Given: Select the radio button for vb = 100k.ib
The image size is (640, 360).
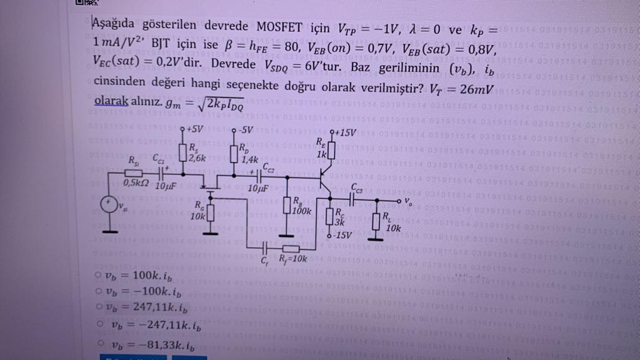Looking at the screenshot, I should tap(99, 275).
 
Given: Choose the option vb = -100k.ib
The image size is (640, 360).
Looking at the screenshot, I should tap(99, 291).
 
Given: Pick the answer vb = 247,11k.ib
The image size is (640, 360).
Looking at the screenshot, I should tap(99, 307).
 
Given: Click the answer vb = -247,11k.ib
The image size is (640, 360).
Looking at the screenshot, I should tap(100, 325).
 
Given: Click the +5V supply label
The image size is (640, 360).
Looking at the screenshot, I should tap(193, 129).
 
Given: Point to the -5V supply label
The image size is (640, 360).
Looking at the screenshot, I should tap(243, 131).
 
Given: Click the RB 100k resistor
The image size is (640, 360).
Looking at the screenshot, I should tap(287, 207).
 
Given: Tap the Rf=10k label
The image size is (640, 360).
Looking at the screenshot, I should tap(292, 257).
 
